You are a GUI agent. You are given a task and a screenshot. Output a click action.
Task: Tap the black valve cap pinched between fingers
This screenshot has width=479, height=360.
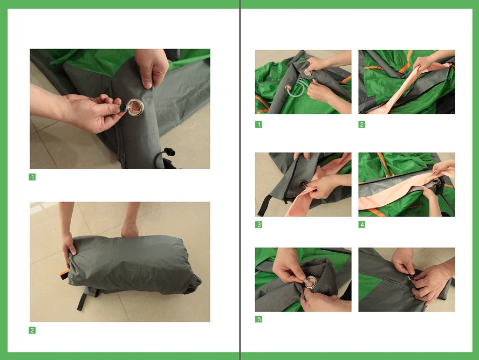[x=123, y=107]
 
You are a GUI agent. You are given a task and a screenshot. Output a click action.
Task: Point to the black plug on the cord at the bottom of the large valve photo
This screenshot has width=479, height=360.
[x=169, y=151]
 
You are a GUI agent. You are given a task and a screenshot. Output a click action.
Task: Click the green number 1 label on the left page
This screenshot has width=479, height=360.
[x=32, y=177]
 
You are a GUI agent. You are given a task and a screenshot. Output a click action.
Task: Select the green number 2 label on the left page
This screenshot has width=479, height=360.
[x=32, y=330]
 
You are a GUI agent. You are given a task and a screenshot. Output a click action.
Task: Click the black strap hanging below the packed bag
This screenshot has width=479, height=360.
[x=82, y=301]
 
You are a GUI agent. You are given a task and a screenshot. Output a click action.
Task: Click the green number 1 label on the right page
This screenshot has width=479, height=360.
[x=258, y=124]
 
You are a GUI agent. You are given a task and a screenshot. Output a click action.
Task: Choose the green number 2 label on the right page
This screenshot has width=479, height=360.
[x=362, y=124]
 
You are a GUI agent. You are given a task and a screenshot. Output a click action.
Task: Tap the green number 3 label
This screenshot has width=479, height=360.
[x=258, y=225]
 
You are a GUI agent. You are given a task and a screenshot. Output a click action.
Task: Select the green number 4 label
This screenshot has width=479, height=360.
[x=362, y=225]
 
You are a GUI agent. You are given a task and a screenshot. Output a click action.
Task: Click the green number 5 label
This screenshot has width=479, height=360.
[x=258, y=319]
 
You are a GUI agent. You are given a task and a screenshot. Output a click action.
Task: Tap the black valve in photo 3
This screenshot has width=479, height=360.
[x=303, y=184]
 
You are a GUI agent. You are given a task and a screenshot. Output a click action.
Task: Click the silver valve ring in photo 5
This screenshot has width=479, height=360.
[x=311, y=282]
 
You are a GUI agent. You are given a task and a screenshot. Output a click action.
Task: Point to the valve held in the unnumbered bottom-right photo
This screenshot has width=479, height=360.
[x=411, y=277]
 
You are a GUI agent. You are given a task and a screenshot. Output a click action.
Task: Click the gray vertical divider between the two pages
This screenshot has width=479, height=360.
[x=240, y=180]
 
